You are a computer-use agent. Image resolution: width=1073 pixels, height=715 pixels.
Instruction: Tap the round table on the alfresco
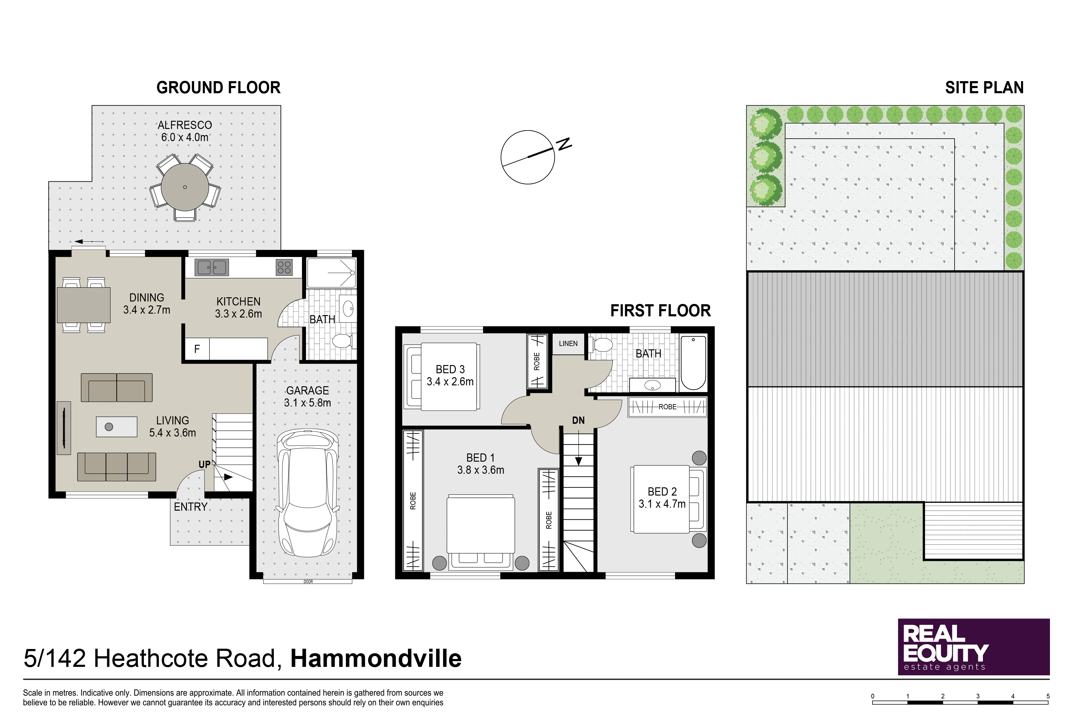(185, 187)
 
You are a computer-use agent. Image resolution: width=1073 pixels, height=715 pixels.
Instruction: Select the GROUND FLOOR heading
(219, 87)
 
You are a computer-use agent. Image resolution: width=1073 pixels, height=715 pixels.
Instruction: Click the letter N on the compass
(564, 144)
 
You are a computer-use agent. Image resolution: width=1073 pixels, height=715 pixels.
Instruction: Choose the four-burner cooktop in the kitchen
(284, 268)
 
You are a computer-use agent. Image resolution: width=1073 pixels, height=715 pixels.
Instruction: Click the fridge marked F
(197, 349)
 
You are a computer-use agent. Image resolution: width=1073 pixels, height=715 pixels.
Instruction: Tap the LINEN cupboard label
(568, 344)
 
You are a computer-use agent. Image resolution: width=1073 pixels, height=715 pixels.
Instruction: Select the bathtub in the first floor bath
(693, 363)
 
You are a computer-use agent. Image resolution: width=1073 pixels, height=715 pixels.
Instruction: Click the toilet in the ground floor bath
(342, 341)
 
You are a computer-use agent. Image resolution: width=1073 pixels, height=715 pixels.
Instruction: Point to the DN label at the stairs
(578, 420)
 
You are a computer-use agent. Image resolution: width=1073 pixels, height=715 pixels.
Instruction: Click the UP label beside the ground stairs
(204, 465)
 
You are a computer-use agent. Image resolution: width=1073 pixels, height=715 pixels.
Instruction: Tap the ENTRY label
(191, 507)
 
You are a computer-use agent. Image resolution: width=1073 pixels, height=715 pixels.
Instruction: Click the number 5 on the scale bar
(1048, 696)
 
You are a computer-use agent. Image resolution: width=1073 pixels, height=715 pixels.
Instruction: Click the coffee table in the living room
(116, 427)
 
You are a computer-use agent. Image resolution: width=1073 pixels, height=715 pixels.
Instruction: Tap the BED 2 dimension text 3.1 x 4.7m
(662, 504)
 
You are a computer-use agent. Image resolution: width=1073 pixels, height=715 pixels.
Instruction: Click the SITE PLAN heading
(985, 87)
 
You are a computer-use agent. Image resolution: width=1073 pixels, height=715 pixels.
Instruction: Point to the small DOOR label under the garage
(308, 582)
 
